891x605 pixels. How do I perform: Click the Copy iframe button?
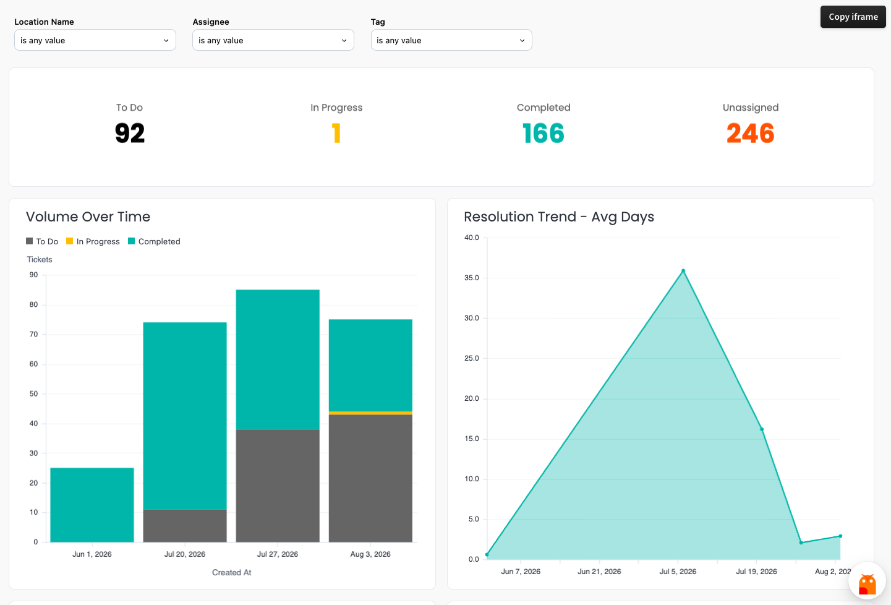click(853, 17)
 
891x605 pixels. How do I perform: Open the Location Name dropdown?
click(95, 40)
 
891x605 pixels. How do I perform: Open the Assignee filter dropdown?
click(273, 40)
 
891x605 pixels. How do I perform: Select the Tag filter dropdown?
click(451, 40)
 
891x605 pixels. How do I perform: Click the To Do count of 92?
click(130, 133)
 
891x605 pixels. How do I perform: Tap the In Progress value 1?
click(336, 133)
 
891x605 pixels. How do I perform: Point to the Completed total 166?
click(544, 133)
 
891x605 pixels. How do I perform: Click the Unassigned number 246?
click(751, 133)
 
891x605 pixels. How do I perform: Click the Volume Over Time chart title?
click(88, 217)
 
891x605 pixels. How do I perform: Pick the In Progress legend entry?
click(93, 242)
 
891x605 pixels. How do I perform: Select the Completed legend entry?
click(154, 242)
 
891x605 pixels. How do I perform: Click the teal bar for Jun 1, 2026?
click(92, 505)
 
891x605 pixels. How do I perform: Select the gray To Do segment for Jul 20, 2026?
click(185, 525)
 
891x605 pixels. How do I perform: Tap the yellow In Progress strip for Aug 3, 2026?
click(370, 413)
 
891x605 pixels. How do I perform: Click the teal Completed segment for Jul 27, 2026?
click(278, 359)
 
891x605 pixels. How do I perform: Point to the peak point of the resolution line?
click(683, 271)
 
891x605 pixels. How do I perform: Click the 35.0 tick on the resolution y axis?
click(472, 278)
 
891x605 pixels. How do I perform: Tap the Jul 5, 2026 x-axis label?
click(678, 572)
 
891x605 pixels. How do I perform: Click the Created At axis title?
click(231, 572)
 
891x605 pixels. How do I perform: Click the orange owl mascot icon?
click(867, 583)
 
